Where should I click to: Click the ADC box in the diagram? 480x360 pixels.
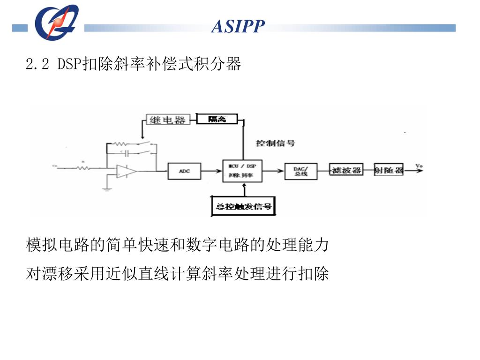pyautogui.click(x=184, y=171)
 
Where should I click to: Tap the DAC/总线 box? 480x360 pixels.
pyautogui.click(x=300, y=171)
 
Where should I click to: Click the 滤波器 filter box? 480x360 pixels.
pyautogui.click(x=346, y=170)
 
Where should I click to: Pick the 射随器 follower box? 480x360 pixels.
pyautogui.click(x=389, y=170)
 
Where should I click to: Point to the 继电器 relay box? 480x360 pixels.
pyautogui.click(x=167, y=120)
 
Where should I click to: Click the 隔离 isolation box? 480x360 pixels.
pyautogui.click(x=217, y=119)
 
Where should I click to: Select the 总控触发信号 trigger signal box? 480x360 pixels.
pyautogui.click(x=244, y=206)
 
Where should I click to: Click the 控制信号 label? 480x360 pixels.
pyautogui.click(x=276, y=143)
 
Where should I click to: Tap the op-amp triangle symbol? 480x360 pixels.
pyautogui.click(x=126, y=172)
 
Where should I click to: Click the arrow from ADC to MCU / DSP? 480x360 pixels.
pyautogui.click(x=212, y=171)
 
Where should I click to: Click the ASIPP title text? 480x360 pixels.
pyautogui.click(x=238, y=26)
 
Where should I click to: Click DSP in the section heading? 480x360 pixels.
pyautogui.click(x=69, y=64)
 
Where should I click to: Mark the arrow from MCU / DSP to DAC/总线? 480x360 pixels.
pyautogui.click(x=274, y=171)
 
